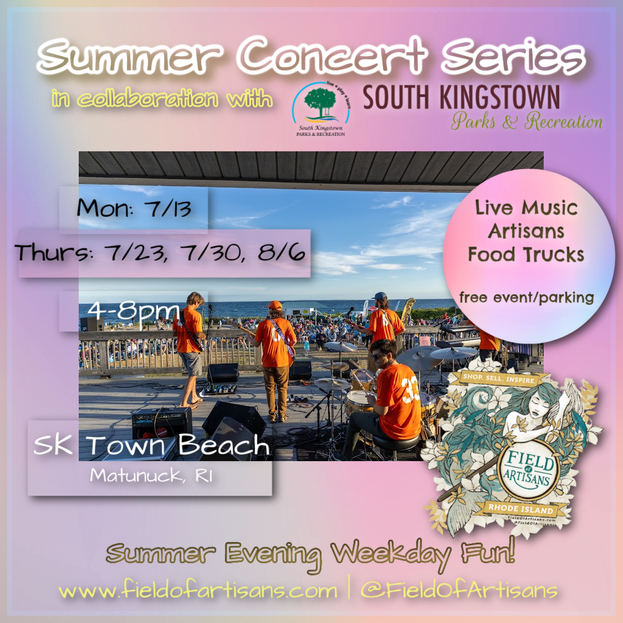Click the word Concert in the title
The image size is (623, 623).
click(x=333, y=55)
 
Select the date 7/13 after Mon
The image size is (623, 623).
click(x=167, y=209)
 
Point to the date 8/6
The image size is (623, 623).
click(x=281, y=253)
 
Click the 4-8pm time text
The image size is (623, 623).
click(x=133, y=310)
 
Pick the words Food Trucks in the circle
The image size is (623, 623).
click(x=526, y=254)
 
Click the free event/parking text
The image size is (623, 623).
click(x=526, y=298)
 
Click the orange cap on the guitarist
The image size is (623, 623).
click(x=275, y=305)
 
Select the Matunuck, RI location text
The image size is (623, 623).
click(x=151, y=476)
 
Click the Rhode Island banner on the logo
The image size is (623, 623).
click(x=520, y=508)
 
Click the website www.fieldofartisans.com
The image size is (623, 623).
click(x=198, y=590)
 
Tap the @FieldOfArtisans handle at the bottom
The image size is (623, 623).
click(x=458, y=590)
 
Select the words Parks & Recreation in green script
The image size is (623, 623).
click(x=526, y=121)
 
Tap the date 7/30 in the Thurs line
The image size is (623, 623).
click(x=210, y=253)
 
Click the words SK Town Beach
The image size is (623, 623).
click(x=151, y=445)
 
